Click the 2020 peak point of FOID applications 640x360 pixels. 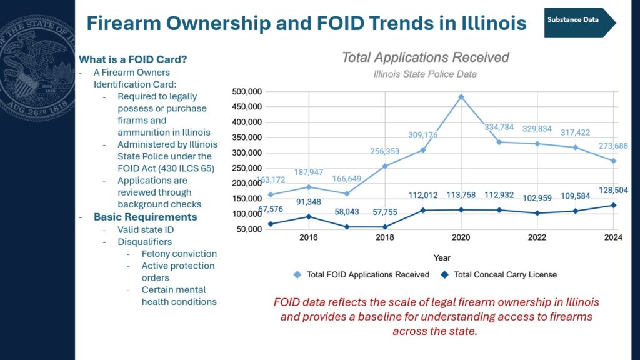point(461,97)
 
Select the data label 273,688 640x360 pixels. point(613,146)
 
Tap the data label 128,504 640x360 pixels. point(613,191)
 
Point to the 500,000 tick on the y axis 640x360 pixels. point(247,91)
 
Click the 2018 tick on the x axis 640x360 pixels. point(385,237)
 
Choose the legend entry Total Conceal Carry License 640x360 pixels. point(499,275)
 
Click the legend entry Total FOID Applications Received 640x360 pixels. point(361,275)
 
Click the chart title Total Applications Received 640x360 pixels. point(425,57)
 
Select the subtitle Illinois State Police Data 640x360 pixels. point(425,74)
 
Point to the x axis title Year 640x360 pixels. point(442,258)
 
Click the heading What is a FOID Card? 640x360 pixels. point(132,59)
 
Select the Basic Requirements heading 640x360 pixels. point(145,217)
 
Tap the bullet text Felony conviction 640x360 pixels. point(179,254)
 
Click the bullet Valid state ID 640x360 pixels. point(146,230)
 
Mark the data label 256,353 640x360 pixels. point(385,151)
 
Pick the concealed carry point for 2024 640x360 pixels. point(613,205)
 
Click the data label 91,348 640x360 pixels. point(309,202)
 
